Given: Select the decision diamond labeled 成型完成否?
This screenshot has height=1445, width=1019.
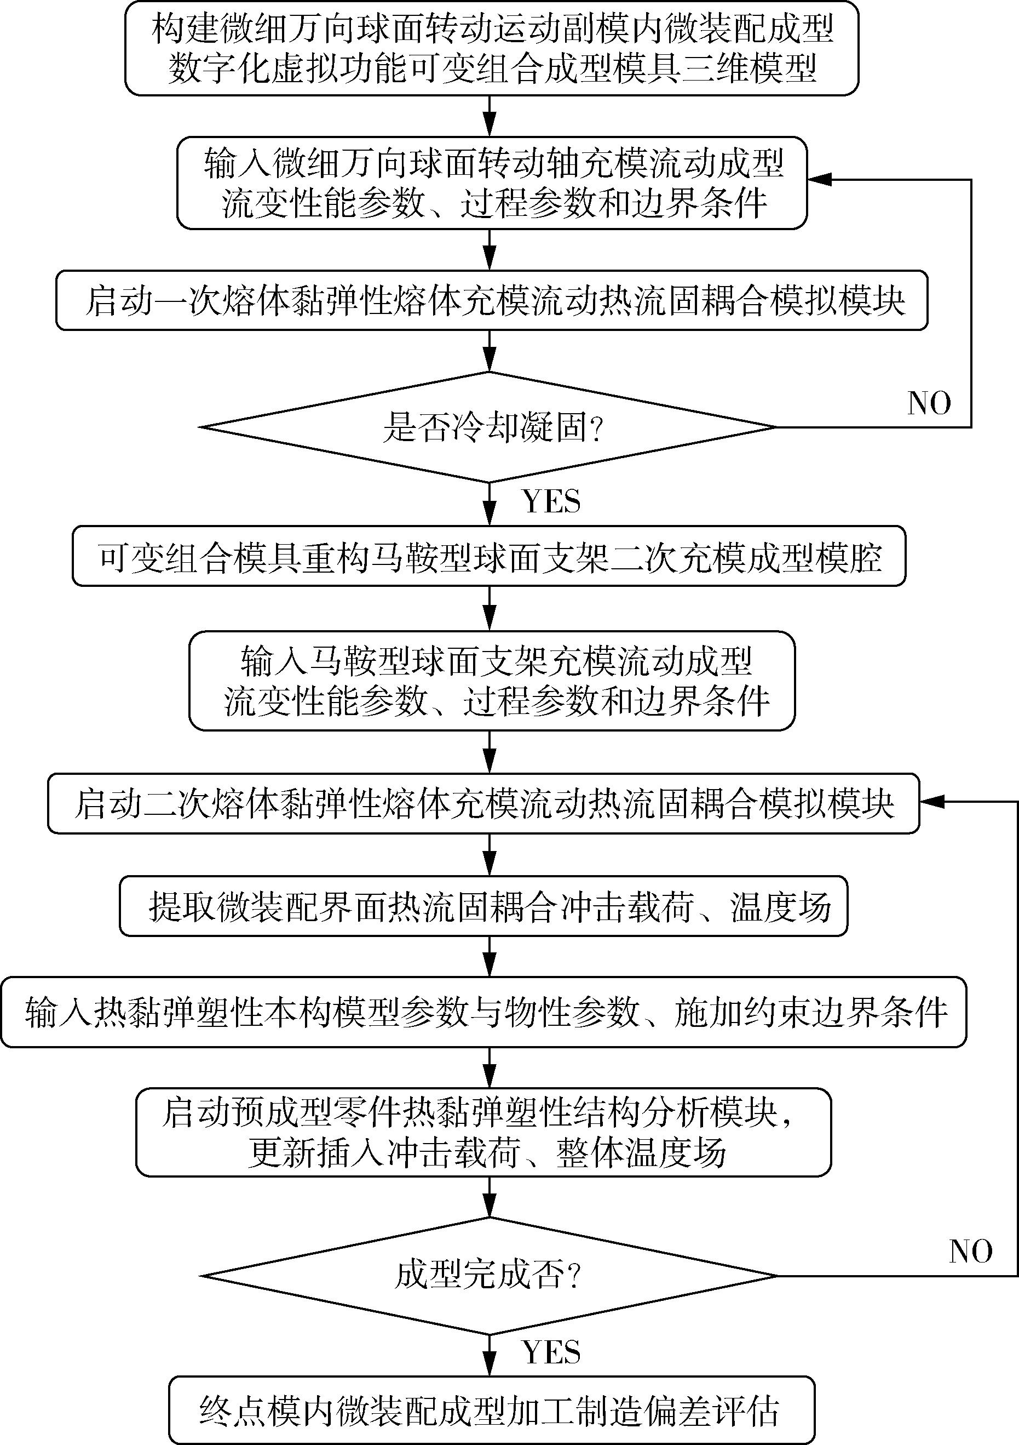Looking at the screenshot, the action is pyautogui.click(x=490, y=1275).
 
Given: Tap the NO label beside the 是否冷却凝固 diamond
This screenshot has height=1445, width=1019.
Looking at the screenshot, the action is pyautogui.click(x=929, y=403).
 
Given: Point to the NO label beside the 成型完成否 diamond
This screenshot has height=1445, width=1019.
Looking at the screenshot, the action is pyautogui.click(x=971, y=1251).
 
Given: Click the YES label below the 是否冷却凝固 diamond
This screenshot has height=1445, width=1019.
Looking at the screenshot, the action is pyautogui.click(x=551, y=501).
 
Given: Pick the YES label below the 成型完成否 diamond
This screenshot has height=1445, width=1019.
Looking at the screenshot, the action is pyautogui.click(x=551, y=1352).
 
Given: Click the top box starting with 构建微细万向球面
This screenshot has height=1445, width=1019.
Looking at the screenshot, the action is pyautogui.click(x=492, y=48).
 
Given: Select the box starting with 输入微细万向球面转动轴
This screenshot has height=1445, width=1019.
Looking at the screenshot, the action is pyautogui.click(x=492, y=183).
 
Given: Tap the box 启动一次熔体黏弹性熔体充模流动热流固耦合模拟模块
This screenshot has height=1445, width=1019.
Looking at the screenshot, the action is pyautogui.click(x=492, y=300).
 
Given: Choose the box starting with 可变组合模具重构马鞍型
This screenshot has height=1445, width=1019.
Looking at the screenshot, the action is pyautogui.click(x=490, y=556).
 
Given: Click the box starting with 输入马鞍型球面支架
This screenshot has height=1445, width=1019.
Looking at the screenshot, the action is pyautogui.click(x=492, y=681).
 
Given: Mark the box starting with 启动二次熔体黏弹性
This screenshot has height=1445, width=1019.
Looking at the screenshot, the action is pyautogui.click(x=483, y=804).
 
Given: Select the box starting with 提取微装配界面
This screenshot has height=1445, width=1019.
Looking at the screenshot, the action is pyautogui.click(x=483, y=906).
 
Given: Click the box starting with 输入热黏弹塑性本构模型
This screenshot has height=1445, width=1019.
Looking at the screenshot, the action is pyautogui.click(x=483, y=1012).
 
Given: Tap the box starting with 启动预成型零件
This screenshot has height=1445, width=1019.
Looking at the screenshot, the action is pyautogui.click(x=483, y=1132).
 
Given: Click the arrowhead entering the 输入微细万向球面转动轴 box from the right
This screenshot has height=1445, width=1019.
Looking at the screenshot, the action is pyautogui.click(x=817, y=180).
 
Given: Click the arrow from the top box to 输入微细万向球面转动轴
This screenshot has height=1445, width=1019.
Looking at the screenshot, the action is pyautogui.click(x=490, y=116).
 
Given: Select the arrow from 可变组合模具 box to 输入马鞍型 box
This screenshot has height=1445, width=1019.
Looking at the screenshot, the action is pyautogui.click(x=490, y=609).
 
